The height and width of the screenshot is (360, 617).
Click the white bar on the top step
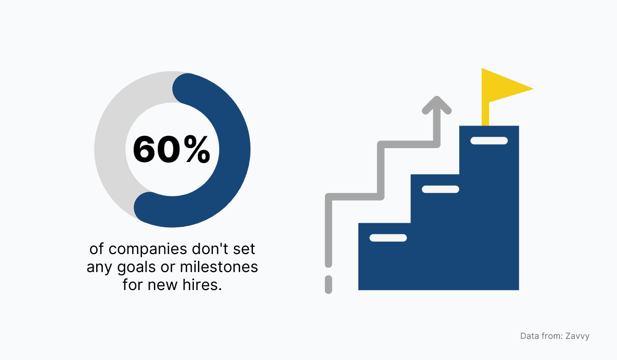click(x=489, y=140)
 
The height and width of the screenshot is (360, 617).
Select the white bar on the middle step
click(x=440, y=189)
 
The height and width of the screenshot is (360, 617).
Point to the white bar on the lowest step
click(x=388, y=238)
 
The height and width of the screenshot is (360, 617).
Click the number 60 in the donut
click(x=152, y=150)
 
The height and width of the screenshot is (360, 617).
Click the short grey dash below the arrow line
click(x=329, y=284)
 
